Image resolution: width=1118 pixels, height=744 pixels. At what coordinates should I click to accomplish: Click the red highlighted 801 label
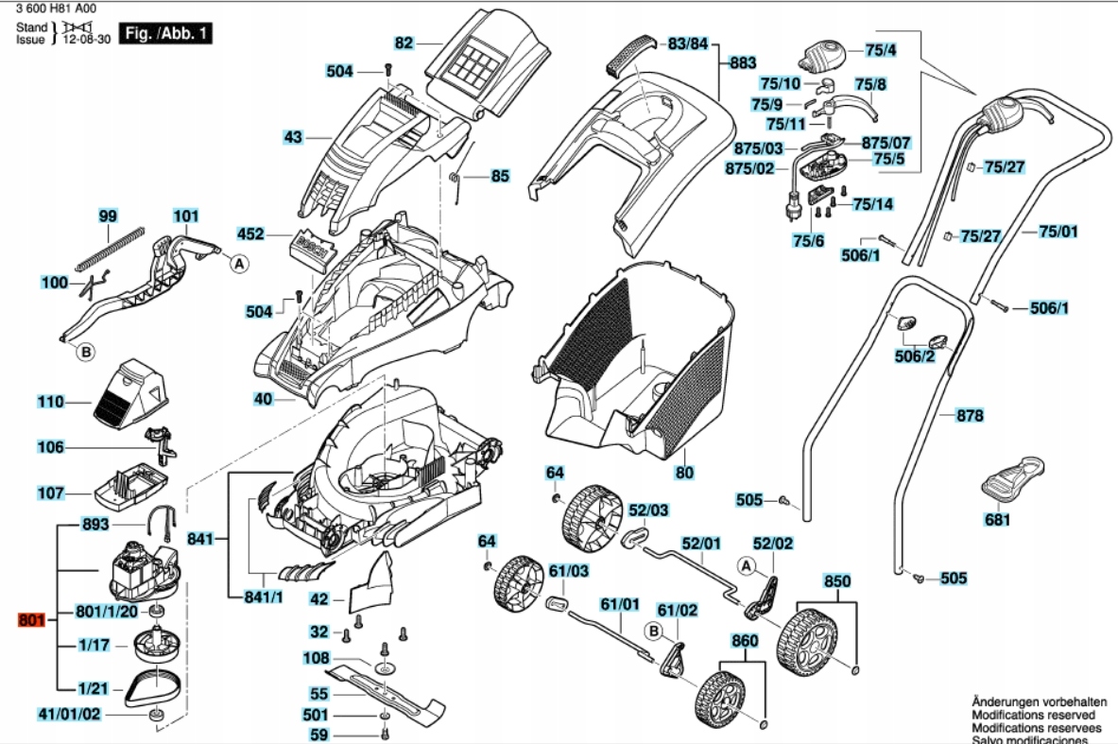31,621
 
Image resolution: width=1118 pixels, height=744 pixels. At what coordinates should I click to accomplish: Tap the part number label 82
404,43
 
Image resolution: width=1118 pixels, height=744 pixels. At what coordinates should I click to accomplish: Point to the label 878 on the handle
970,416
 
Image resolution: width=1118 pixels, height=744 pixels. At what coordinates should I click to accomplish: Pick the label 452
250,234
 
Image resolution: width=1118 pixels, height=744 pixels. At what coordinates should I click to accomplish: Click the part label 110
50,403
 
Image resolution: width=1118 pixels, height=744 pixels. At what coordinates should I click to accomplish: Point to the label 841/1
264,597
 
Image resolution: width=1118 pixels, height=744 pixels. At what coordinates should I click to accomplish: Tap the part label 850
837,580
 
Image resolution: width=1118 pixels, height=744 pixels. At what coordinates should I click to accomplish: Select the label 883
743,63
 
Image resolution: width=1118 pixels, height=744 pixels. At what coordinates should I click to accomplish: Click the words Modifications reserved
1039,717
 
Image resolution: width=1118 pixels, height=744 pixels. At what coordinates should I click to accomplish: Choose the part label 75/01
1058,232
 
